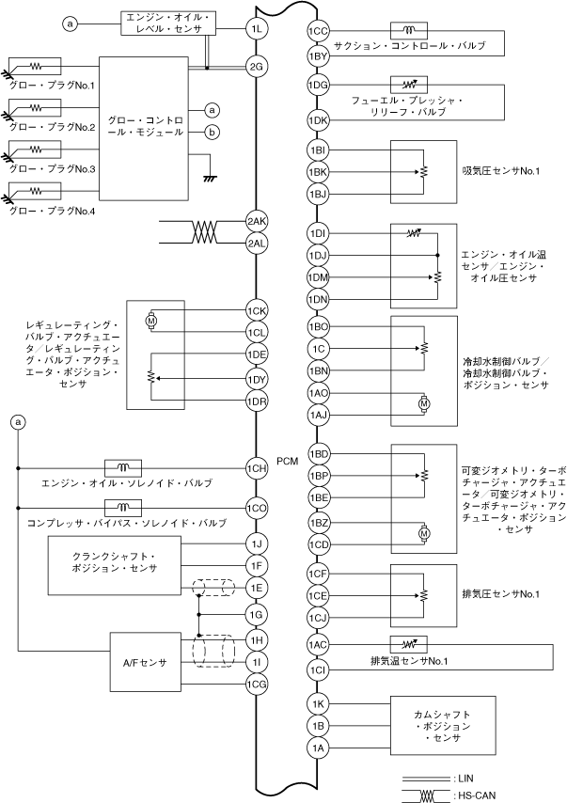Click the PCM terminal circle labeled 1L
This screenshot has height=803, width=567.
[x=257, y=30]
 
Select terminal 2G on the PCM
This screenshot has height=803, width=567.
[x=257, y=67]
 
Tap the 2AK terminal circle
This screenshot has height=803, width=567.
[x=257, y=223]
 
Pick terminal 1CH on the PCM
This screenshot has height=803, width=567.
[x=257, y=467]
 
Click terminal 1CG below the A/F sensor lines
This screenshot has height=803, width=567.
[x=257, y=685]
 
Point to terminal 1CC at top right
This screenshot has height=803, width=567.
[x=318, y=32]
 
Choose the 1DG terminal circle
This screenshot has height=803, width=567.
[x=318, y=86]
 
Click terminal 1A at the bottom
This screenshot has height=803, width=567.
[x=318, y=748]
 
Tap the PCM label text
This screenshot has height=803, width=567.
[x=288, y=462]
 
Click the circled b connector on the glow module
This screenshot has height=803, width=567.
[x=212, y=133]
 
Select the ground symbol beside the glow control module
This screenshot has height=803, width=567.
[x=211, y=175]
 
